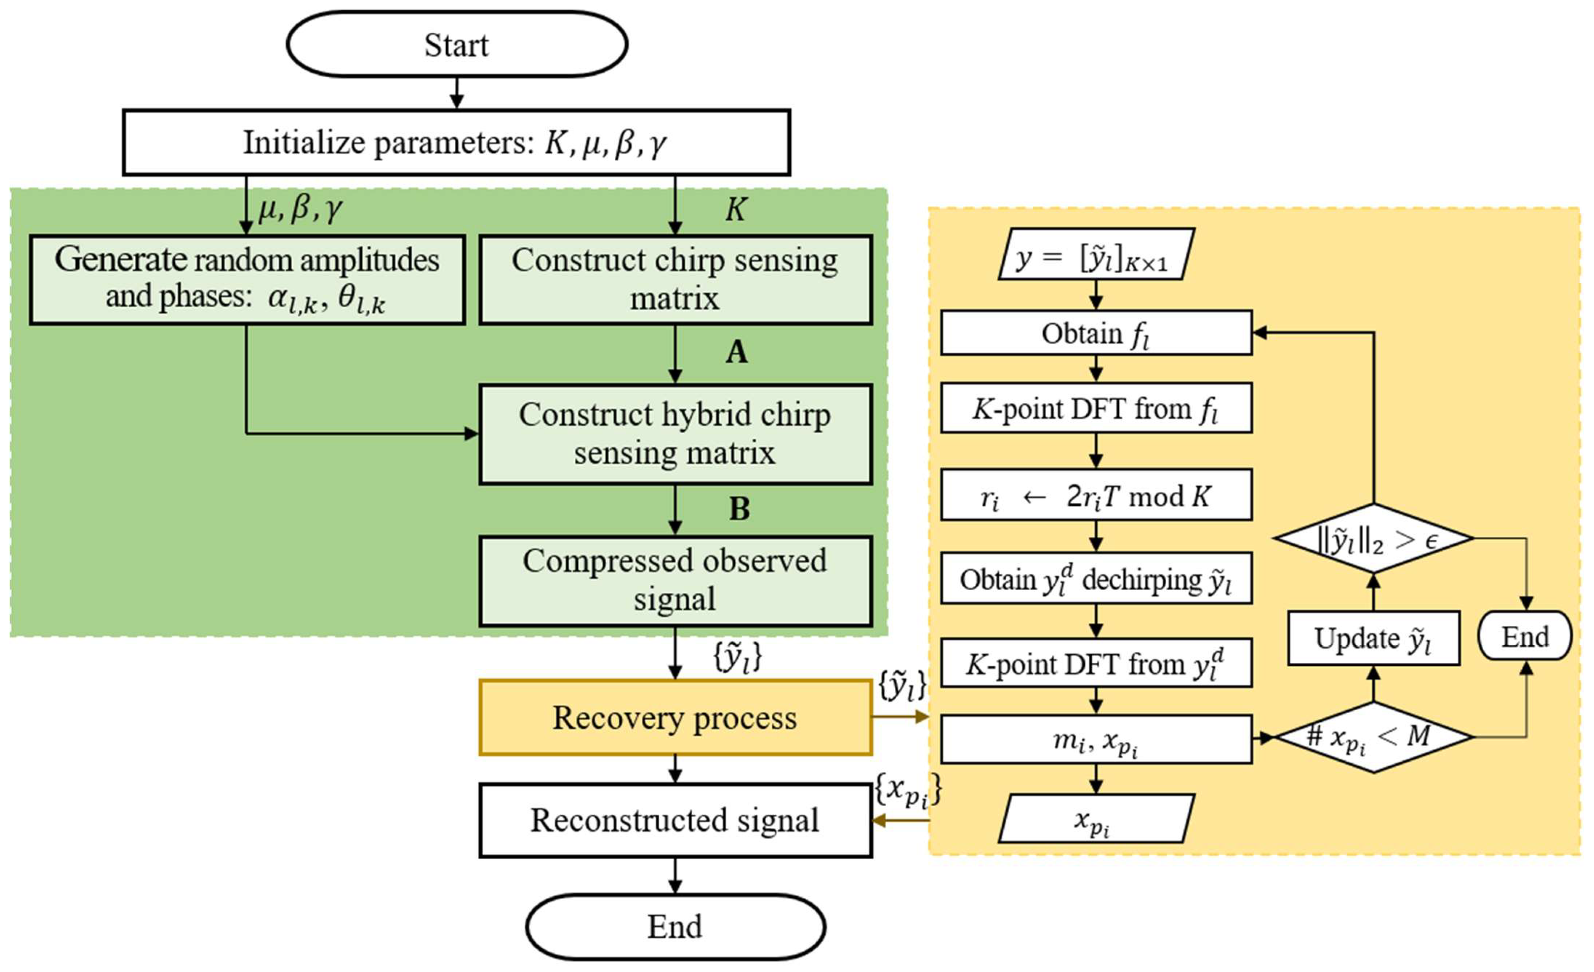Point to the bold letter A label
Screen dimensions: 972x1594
point(736,353)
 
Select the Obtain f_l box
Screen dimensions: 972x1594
point(1096,333)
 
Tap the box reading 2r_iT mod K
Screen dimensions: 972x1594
point(1096,496)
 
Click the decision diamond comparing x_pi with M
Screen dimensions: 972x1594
point(1373,736)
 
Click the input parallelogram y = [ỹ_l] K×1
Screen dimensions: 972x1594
point(1096,254)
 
